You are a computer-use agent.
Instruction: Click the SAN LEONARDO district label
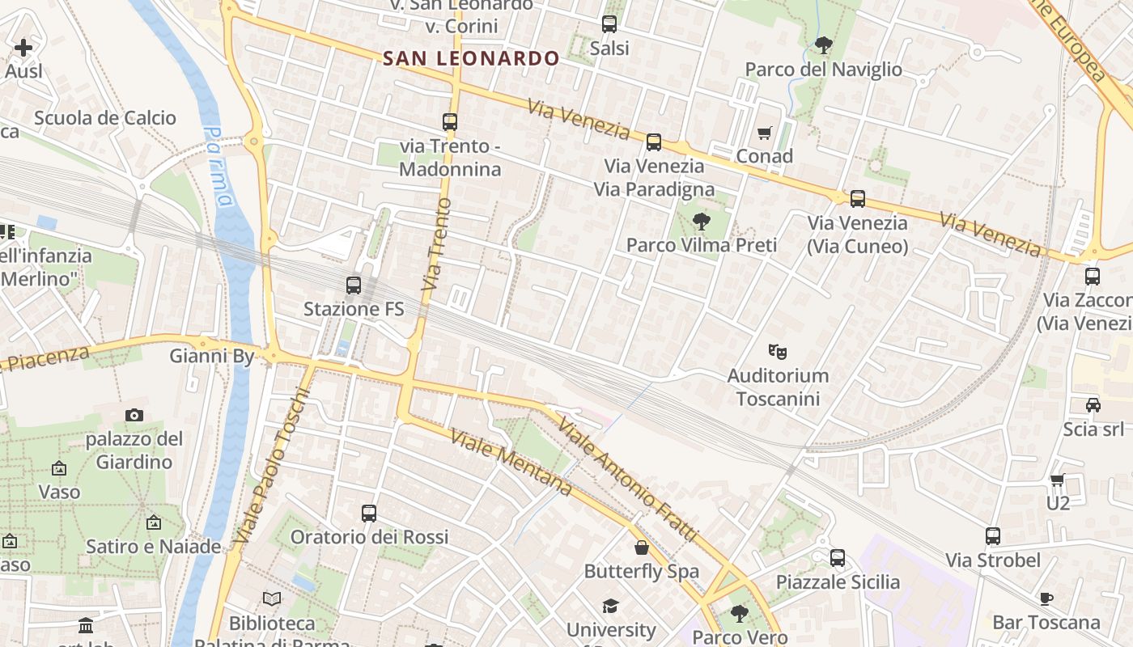point(471,58)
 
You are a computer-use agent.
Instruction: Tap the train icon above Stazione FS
point(354,285)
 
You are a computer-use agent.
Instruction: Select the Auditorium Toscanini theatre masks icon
point(778,351)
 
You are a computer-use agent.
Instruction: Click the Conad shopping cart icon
point(765,133)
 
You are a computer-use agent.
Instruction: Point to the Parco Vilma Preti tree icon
point(701,221)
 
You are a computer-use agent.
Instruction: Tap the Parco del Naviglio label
point(823,70)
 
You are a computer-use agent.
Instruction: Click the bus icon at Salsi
point(609,24)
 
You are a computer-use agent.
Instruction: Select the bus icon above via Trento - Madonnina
point(450,122)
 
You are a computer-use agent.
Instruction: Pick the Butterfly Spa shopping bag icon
point(642,548)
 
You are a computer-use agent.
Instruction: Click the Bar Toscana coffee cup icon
point(1046,598)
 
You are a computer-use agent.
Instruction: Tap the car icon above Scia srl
point(1093,405)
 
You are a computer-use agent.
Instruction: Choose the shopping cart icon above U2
point(1058,480)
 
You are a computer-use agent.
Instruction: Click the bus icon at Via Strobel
point(993,536)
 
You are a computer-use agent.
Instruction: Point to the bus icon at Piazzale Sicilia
point(838,558)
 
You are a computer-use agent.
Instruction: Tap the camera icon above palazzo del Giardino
point(134,415)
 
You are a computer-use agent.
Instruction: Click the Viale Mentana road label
point(511,463)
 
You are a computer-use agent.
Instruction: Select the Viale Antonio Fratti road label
point(627,481)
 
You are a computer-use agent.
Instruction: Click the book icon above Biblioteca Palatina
point(272,599)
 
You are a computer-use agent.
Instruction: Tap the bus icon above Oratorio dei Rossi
point(369,514)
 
